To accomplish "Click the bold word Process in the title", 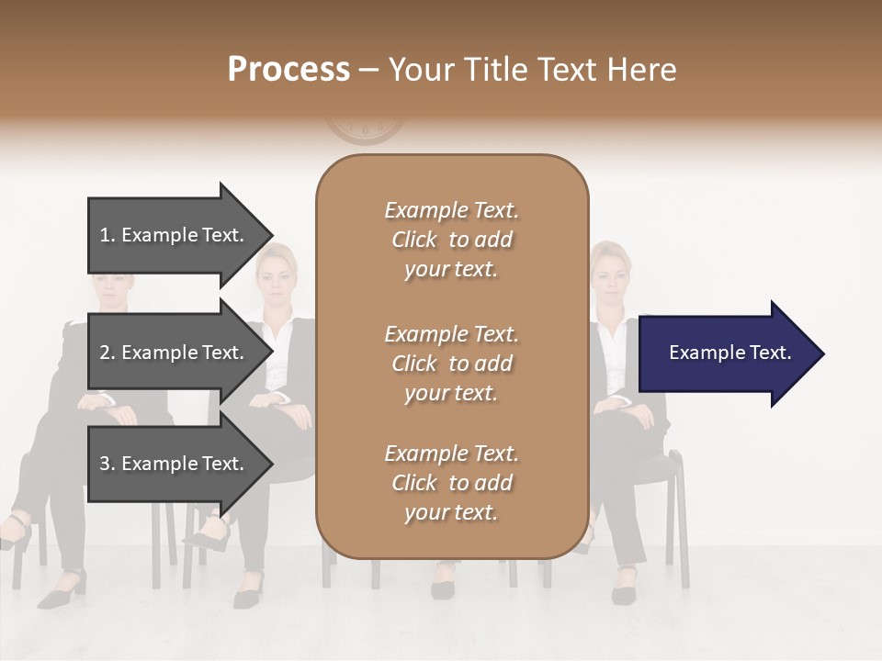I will pyautogui.click(x=288, y=70).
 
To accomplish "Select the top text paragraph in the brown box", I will pyautogui.click(x=451, y=240).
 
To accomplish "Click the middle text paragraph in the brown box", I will pyautogui.click(x=451, y=363).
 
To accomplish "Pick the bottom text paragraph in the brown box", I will pyautogui.click(x=451, y=483).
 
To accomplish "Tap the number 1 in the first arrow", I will pyautogui.click(x=105, y=235).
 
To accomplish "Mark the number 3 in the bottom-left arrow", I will pyautogui.click(x=105, y=464).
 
